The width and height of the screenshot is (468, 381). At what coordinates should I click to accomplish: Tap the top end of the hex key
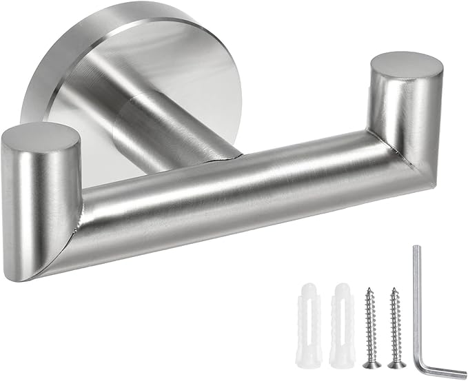[416, 249]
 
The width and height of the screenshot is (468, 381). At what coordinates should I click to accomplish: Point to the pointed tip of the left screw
[368, 287]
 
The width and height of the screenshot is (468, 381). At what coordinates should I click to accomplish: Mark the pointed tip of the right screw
[394, 287]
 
